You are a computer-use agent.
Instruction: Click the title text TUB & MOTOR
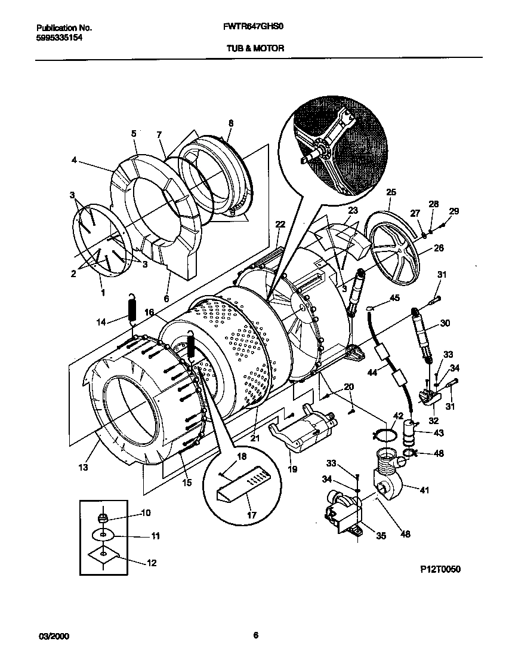pyautogui.click(x=255, y=48)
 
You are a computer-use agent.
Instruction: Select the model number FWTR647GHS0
pyautogui.click(x=255, y=27)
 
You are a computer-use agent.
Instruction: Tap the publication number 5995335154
pyautogui.click(x=59, y=37)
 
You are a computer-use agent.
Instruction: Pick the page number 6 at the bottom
pyautogui.click(x=255, y=635)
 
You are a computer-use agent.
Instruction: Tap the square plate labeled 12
pyautogui.click(x=104, y=556)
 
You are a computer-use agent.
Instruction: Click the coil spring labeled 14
pyautogui.click(x=133, y=311)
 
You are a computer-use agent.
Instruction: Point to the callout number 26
pyautogui.click(x=439, y=248)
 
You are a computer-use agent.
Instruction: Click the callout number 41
pyautogui.click(x=424, y=490)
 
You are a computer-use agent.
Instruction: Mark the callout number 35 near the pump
pyautogui.click(x=381, y=536)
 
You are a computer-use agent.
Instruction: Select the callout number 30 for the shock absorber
pyautogui.click(x=445, y=323)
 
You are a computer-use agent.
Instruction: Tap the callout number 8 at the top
pyautogui.click(x=231, y=123)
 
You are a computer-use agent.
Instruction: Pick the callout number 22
pyautogui.click(x=280, y=224)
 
